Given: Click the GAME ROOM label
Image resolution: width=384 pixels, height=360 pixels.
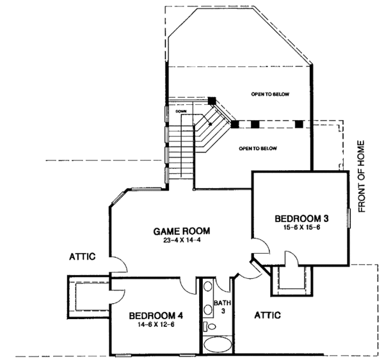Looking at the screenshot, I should tap(182, 231).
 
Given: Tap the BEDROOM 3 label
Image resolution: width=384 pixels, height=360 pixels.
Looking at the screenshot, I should tap(296, 217).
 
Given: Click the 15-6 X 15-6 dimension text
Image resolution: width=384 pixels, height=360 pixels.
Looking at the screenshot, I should tap(296, 228).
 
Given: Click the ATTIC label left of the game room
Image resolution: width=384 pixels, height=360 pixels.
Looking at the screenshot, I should tap(82, 257).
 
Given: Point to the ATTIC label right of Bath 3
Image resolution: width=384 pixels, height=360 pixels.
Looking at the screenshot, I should tap(269, 315).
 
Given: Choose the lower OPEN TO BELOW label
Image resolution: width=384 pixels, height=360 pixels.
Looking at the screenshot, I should tap(257, 148).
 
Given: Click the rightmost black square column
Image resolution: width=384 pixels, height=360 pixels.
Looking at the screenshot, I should tap(299, 123).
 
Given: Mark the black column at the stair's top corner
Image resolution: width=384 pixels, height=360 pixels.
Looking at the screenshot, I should tap(212, 100).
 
